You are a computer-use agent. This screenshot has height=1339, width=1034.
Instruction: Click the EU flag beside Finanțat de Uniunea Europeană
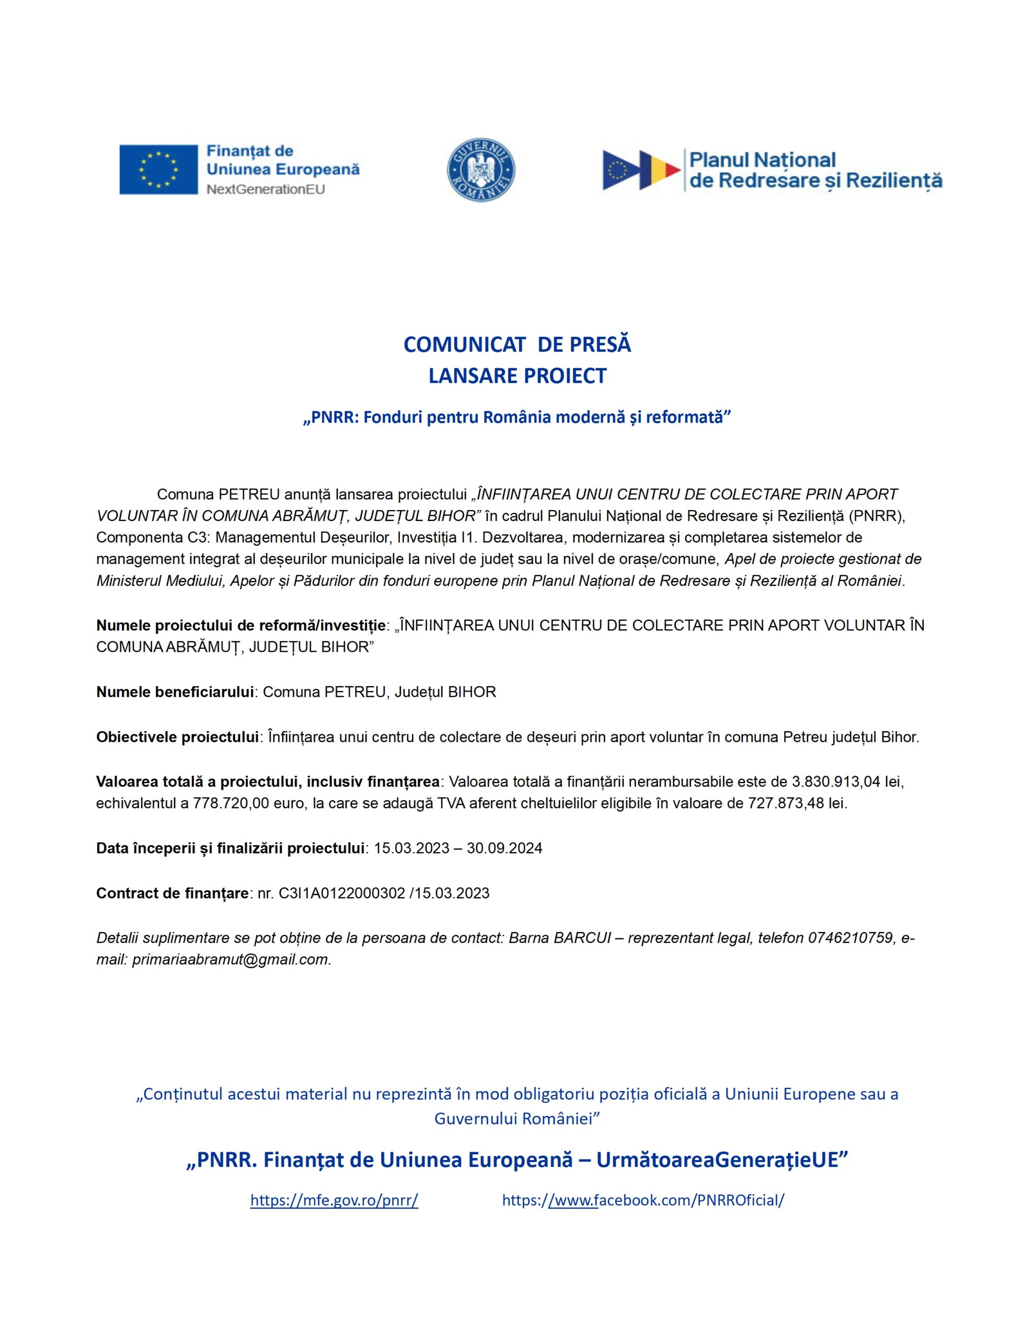point(158,170)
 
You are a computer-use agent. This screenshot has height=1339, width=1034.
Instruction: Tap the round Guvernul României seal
point(480,170)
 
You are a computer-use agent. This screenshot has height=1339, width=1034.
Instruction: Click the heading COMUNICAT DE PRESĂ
point(516,345)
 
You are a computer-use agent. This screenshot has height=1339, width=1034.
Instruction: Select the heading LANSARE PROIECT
point(516,376)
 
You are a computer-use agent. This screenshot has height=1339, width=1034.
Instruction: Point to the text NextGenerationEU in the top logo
point(266,189)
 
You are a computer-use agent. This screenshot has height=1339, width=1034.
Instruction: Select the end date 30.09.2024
point(504,848)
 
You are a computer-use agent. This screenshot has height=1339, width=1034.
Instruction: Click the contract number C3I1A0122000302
point(341,893)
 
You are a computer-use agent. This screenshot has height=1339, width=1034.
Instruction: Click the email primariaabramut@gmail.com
point(231,959)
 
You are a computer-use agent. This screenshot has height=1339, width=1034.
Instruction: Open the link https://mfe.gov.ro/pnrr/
point(334,1200)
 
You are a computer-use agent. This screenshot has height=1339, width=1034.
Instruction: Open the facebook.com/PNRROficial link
point(643,1200)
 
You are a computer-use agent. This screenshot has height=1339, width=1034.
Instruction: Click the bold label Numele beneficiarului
point(175,692)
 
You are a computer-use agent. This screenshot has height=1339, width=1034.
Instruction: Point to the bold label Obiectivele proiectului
point(177,737)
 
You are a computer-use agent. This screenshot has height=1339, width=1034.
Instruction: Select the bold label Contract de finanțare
point(172,893)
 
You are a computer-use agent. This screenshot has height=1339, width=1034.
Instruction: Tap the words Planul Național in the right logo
point(762,160)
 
